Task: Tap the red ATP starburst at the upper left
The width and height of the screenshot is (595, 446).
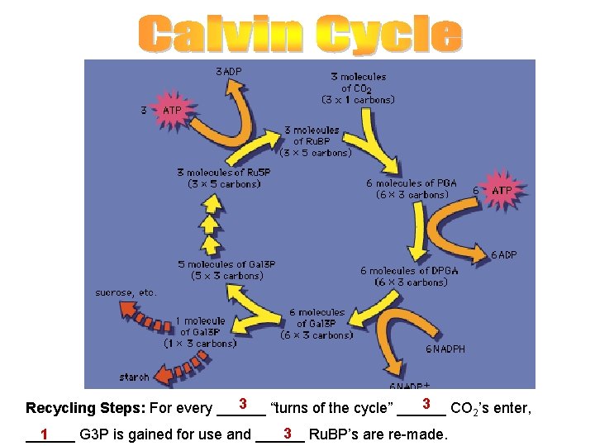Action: tap(172, 111)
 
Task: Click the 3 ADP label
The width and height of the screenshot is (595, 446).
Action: tap(229, 72)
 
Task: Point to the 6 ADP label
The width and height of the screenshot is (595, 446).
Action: tap(504, 254)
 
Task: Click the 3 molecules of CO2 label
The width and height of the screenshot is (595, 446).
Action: tap(358, 88)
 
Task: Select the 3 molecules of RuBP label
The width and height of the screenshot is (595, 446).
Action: tap(316, 141)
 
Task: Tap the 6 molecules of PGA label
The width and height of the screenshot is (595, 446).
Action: tap(412, 189)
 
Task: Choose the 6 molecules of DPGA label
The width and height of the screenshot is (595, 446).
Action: tap(404, 277)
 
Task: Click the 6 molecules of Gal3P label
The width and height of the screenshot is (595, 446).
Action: tap(317, 324)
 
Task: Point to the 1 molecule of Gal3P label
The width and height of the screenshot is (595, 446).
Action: tap(200, 331)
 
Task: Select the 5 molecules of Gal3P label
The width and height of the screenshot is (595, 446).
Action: tap(226, 270)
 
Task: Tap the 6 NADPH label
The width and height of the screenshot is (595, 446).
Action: tap(445, 349)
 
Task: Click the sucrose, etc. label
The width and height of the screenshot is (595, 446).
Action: tap(126, 292)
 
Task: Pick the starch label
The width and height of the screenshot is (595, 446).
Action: tap(134, 377)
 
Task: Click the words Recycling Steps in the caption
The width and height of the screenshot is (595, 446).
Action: tap(85, 409)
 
